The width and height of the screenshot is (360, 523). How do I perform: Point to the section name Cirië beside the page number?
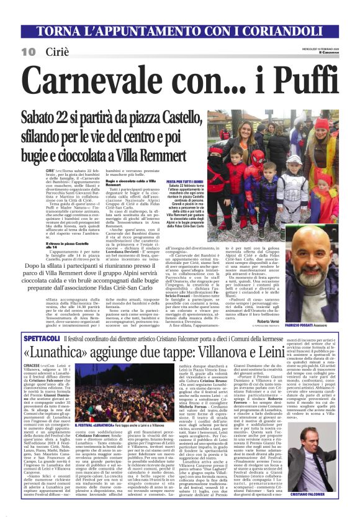point(57,52)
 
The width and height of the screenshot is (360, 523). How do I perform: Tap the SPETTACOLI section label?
point(42,338)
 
